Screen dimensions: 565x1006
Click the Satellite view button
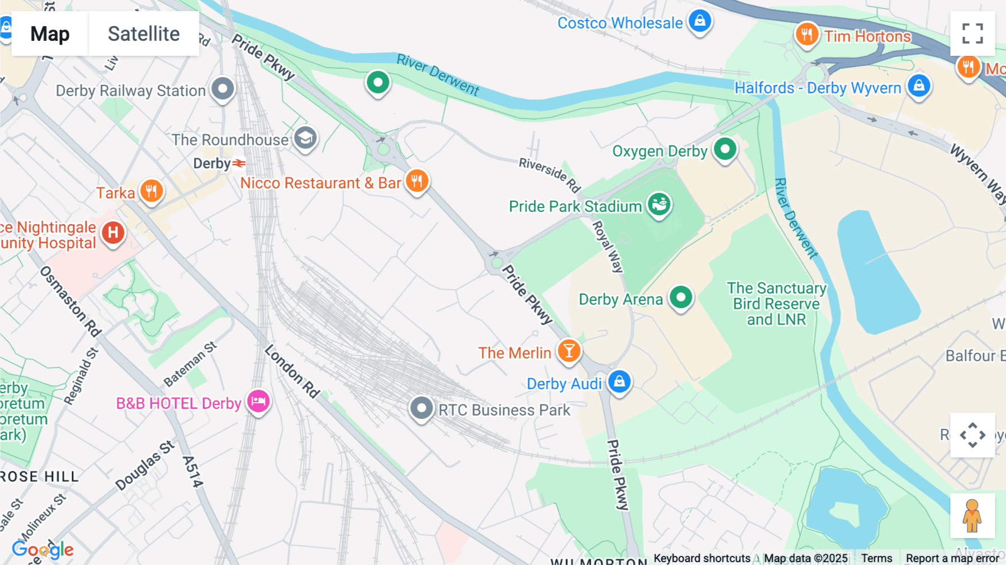point(144,34)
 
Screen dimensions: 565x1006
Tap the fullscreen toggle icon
point(972,34)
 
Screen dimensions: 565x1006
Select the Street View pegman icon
point(972,516)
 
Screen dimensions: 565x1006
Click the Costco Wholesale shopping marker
point(699,22)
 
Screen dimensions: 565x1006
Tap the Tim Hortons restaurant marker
point(806,35)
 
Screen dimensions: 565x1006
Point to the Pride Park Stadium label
point(575,206)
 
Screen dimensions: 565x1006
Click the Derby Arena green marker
point(681,298)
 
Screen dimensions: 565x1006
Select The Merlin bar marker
point(569,351)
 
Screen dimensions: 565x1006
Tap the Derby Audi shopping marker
point(619,382)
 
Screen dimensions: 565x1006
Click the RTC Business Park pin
point(421,408)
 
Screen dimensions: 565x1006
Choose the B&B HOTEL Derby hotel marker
point(259,402)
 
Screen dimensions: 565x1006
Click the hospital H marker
point(113,232)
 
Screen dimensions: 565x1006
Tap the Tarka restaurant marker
point(151,191)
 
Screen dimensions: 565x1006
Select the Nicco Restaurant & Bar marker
point(417,181)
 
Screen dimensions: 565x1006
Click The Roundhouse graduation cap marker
point(305,138)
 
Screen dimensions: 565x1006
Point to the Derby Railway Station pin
point(223,88)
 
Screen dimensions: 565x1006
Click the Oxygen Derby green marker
point(725,149)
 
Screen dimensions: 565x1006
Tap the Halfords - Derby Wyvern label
point(818,88)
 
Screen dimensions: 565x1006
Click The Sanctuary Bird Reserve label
point(776,304)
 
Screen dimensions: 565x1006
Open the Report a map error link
point(952,558)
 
